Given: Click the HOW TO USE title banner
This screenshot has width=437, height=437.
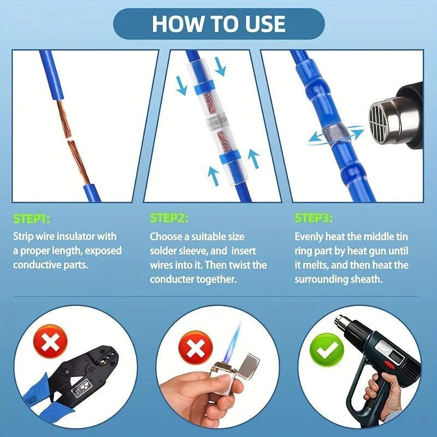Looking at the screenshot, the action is point(219,23).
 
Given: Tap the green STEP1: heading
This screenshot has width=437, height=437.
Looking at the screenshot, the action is point(32,219).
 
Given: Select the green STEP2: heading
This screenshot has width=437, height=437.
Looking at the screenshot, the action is point(169,218).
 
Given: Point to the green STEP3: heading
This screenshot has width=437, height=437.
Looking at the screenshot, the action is point(314,218).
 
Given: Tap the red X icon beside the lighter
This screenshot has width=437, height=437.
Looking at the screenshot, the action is point(196,348).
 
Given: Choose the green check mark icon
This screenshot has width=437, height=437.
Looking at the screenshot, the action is point(327,350).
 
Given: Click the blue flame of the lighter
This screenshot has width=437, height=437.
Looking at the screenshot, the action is point(235,339).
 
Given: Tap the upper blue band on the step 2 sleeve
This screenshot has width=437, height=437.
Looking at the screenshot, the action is point(204,87).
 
